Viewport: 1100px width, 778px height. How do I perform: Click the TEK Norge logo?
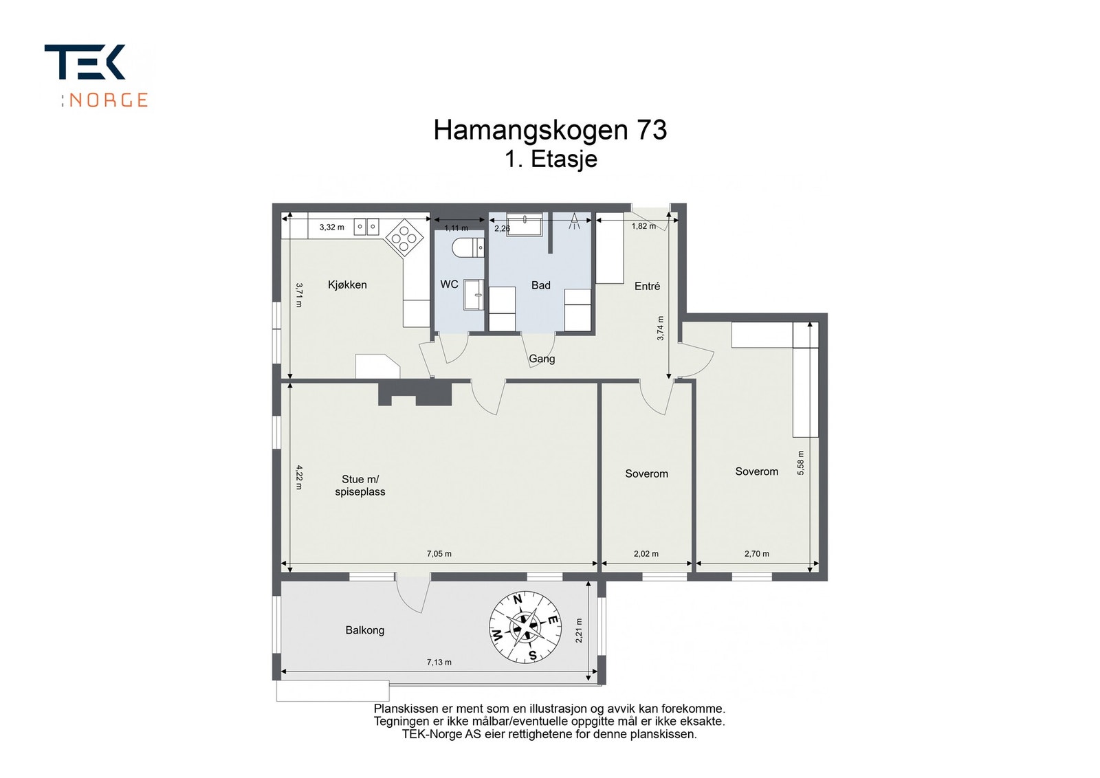coord(96,76)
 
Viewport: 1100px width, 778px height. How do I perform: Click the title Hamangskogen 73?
coord(550,130)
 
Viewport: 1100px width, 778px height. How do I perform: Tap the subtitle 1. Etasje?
coord(551,159)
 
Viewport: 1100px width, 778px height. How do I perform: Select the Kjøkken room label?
coord(347,285)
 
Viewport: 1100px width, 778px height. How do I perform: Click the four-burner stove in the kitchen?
coord(404,238)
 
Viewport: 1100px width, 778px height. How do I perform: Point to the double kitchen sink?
coord(366,226)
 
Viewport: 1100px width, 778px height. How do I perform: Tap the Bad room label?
coord(540,285)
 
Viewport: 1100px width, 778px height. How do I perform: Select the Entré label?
coord(647,286)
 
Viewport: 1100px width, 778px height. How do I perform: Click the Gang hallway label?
coord(542,359)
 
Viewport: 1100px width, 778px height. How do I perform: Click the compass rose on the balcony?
coord(525,627)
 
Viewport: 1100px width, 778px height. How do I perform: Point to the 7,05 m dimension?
coord(439,553)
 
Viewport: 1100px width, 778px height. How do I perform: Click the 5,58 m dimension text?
coord(800,463)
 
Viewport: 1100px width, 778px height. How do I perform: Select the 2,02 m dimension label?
coord(646,553)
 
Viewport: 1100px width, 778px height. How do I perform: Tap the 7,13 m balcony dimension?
coord(439,663)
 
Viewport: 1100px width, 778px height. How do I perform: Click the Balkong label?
coord(364,630)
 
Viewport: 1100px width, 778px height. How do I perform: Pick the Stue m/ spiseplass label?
coord(360,485)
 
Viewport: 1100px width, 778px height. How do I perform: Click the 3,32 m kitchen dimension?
coord(331,227)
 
